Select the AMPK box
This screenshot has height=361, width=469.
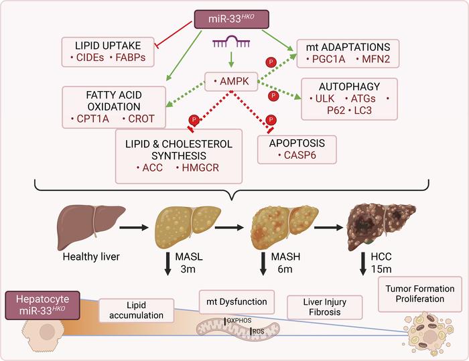pyautogui.click(x=230, y=82)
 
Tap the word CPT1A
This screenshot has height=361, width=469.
pyautogui.click(x=91, y=119)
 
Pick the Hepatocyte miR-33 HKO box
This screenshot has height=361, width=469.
pyautogui.click(x=38, y=303)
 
